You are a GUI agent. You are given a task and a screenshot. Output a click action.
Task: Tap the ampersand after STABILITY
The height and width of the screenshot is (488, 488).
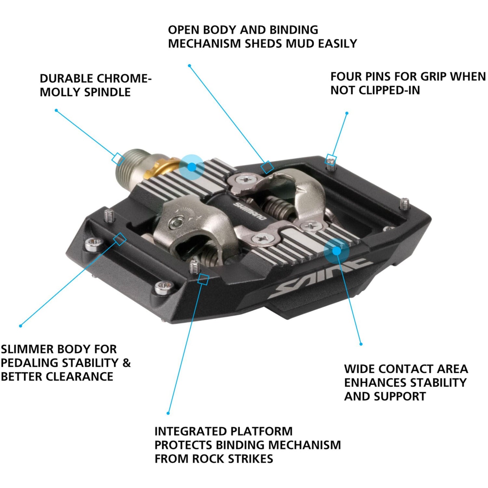[x=127, y=363]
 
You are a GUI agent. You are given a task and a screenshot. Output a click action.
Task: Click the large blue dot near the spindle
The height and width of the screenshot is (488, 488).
[x=192, y=167]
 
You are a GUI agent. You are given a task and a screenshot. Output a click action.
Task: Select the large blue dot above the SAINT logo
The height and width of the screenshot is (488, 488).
[x=336, y=251]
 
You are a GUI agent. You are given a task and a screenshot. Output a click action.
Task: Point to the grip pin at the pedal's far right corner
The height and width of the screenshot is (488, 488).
[x=404, y=204]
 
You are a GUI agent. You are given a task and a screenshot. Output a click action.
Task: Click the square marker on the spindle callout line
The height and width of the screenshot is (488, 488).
[x=117, y=158]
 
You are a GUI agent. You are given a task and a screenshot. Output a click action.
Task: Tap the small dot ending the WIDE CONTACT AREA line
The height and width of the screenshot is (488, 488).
[x=361, y=344]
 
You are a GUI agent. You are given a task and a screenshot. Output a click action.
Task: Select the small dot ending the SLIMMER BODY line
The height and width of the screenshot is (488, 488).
[x=20, y=326]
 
